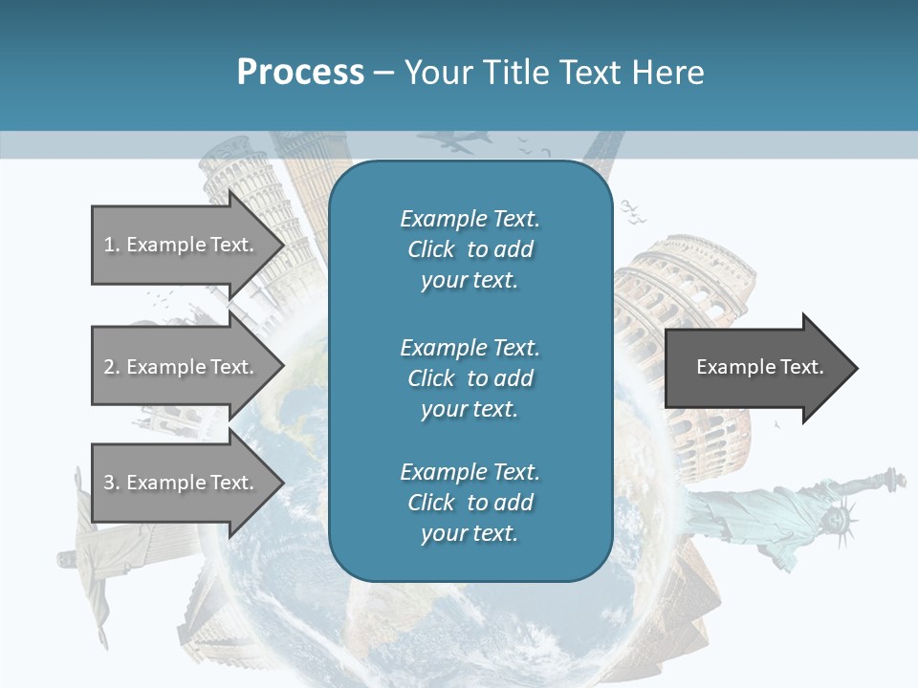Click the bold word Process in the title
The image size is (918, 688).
click(300, 73)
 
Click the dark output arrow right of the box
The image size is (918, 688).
click(759, 368)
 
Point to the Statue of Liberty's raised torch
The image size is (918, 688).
click(892, 476)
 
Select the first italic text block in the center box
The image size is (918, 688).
click(470, 249)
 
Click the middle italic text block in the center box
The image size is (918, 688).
click(470, 378)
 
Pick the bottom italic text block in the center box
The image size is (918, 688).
click(470, 503)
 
